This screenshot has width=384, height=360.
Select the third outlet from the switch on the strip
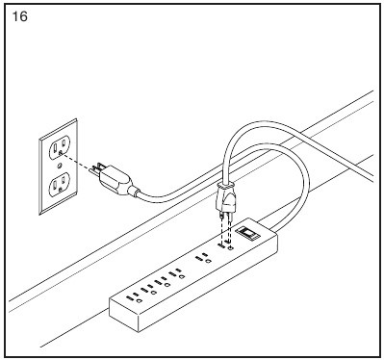[177, 275]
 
